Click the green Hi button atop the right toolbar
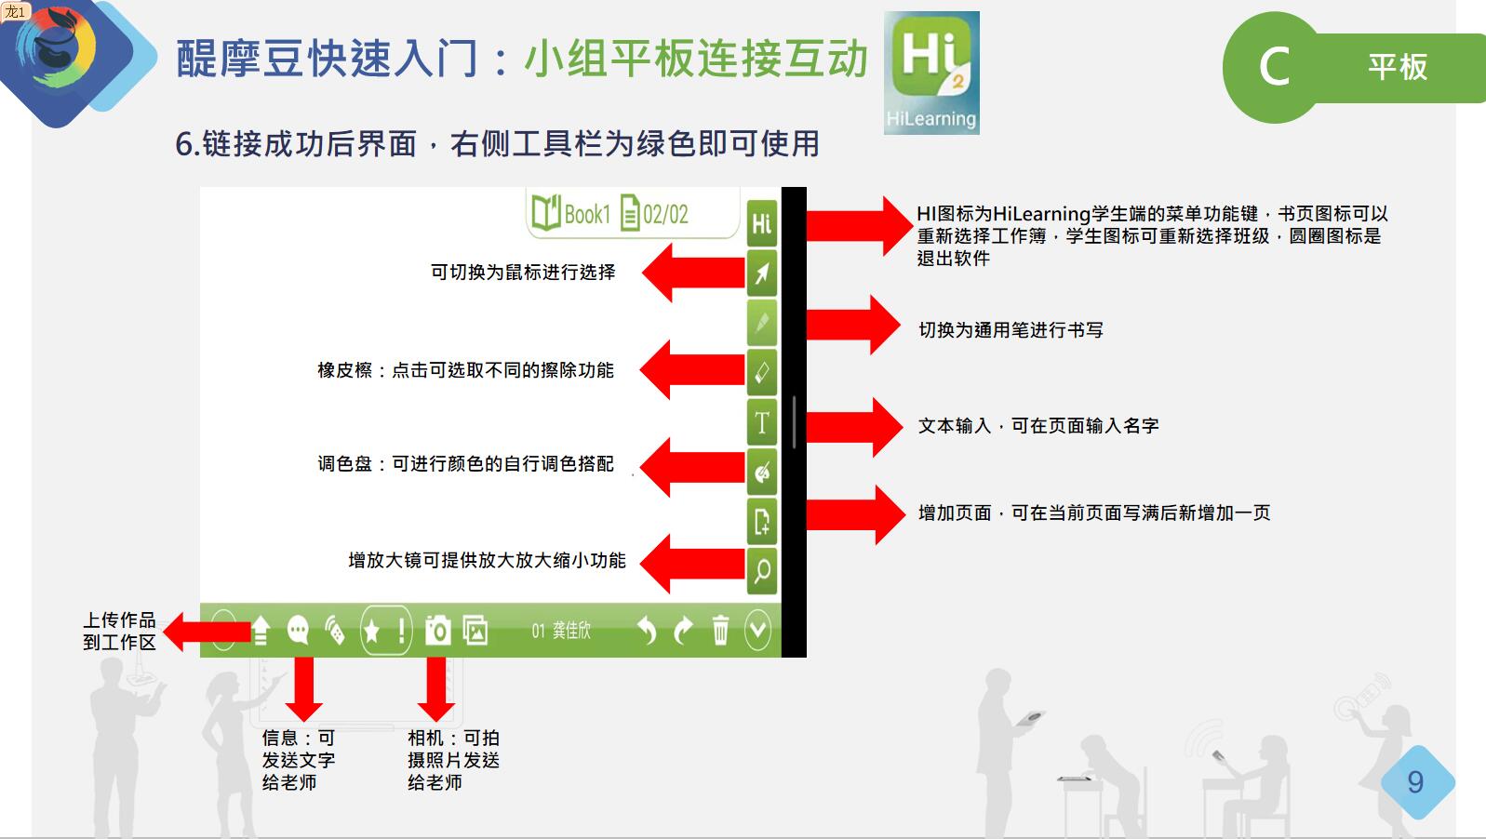coord(761,223)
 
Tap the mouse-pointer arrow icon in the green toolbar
coord(761,273)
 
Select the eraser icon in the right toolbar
coord(761,372)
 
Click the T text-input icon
coord(761,421)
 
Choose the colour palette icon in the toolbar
coord(761,472)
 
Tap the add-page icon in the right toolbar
coord(761,521)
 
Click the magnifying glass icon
coord(761,570)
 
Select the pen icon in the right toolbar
coord(761,323)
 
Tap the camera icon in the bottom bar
coord(438,630)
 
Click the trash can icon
coord(720,630)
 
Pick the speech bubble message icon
coord(298,630)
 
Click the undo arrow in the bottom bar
coord(647,630)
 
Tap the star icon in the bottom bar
coord(372,631)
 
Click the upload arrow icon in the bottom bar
coord(261,630)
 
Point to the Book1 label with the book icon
coord(570,214)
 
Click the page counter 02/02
coord(655,214)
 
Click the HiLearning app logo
coord(931,73)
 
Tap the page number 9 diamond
coord(1417,782)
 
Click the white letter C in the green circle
coord(1275,67)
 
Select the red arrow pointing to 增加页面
coord(856,514)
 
